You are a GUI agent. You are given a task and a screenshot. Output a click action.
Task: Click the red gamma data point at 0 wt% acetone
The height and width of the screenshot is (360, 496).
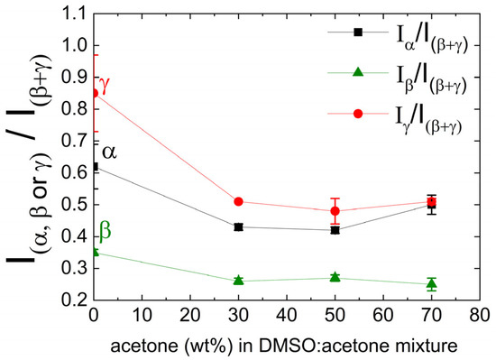pos(93,93)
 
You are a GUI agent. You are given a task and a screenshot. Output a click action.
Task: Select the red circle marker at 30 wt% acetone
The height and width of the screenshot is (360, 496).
pos(238,201)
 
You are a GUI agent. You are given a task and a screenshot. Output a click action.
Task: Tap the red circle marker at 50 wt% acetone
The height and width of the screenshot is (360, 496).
pos(335,211)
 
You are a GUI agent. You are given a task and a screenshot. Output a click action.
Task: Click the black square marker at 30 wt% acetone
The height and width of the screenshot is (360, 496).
pos(238,226)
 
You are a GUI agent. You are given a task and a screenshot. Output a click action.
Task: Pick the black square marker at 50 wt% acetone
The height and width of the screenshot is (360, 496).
pos(335,230)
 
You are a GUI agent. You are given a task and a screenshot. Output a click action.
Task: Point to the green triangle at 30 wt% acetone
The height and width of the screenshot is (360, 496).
pos(238,280)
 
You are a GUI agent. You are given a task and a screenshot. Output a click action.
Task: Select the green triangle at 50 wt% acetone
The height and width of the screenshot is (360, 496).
pos(335,277)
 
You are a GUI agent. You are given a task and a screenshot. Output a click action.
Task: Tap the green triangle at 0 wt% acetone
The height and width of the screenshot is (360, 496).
pos(93,252)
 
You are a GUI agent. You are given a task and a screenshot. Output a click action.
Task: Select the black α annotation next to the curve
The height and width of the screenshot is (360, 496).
pos(109,152)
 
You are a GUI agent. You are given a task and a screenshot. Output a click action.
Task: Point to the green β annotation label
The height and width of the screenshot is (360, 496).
pos(106,232)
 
